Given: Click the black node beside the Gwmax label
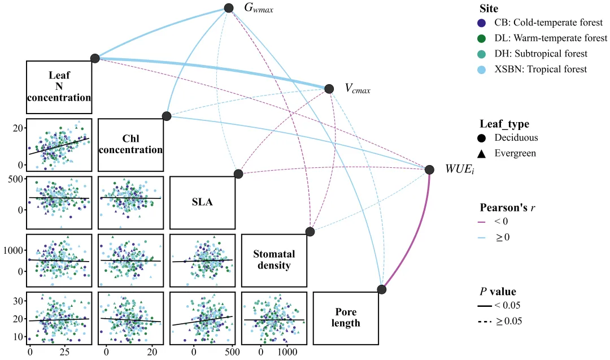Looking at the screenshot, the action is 229,8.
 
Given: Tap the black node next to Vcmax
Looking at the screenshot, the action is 329,89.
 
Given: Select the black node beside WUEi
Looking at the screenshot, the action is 429,170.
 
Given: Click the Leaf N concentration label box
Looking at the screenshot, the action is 59,87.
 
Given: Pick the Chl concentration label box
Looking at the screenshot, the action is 130,145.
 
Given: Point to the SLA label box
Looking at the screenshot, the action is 202,202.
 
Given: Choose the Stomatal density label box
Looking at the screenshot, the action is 274,261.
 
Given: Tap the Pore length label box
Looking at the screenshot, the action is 346,318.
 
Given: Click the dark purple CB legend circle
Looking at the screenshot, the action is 481,23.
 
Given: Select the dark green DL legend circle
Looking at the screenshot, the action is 481,38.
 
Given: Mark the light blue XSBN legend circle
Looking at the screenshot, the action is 481,70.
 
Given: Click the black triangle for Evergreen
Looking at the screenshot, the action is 481,154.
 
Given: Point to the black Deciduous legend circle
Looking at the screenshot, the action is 481,138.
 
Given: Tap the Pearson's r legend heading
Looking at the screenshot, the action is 507,207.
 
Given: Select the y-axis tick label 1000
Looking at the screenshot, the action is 13,250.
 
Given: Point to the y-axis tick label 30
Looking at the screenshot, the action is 18,301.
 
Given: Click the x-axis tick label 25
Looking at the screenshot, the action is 64,352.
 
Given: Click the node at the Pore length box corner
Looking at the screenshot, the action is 382,289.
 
